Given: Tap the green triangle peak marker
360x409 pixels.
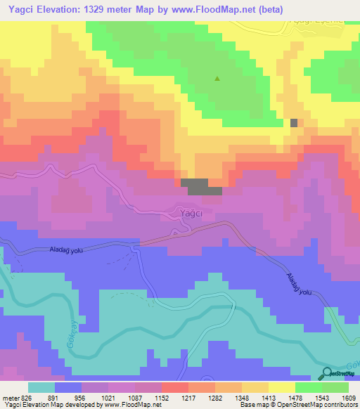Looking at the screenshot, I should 217,79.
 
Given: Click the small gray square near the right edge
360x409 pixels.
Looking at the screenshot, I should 294,122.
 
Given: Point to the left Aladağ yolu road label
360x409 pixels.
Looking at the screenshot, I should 67,249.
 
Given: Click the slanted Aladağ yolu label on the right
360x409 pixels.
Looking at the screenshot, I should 297,284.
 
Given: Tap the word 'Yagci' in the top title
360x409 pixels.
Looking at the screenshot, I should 18,10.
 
